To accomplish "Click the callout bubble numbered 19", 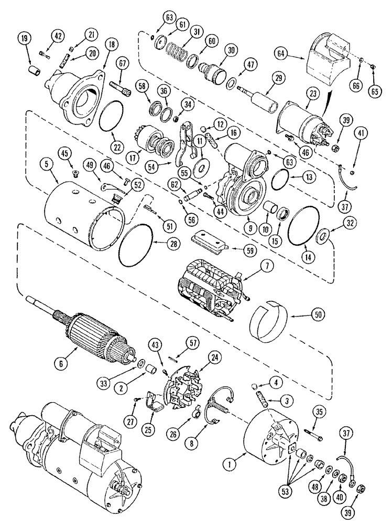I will coord(24,38).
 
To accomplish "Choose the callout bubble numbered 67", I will coord(123,64).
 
